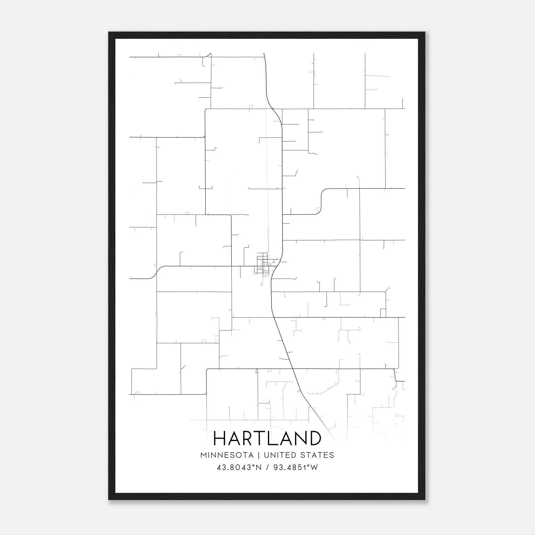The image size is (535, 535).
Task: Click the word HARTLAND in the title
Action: (x=267, y=438)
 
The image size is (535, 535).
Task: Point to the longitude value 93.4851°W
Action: (x=296, y=467)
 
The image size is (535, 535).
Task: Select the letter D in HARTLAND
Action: (x=314, y=438)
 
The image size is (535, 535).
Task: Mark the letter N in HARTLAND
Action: (x=300, y=438)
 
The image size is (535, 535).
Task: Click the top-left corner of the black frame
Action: (x=109, y=32)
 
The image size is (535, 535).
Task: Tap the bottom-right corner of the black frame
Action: (x=424, y=499)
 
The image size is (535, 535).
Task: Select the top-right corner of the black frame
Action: (x=424, y=32)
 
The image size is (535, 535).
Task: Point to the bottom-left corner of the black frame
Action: (x=109, y=499)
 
